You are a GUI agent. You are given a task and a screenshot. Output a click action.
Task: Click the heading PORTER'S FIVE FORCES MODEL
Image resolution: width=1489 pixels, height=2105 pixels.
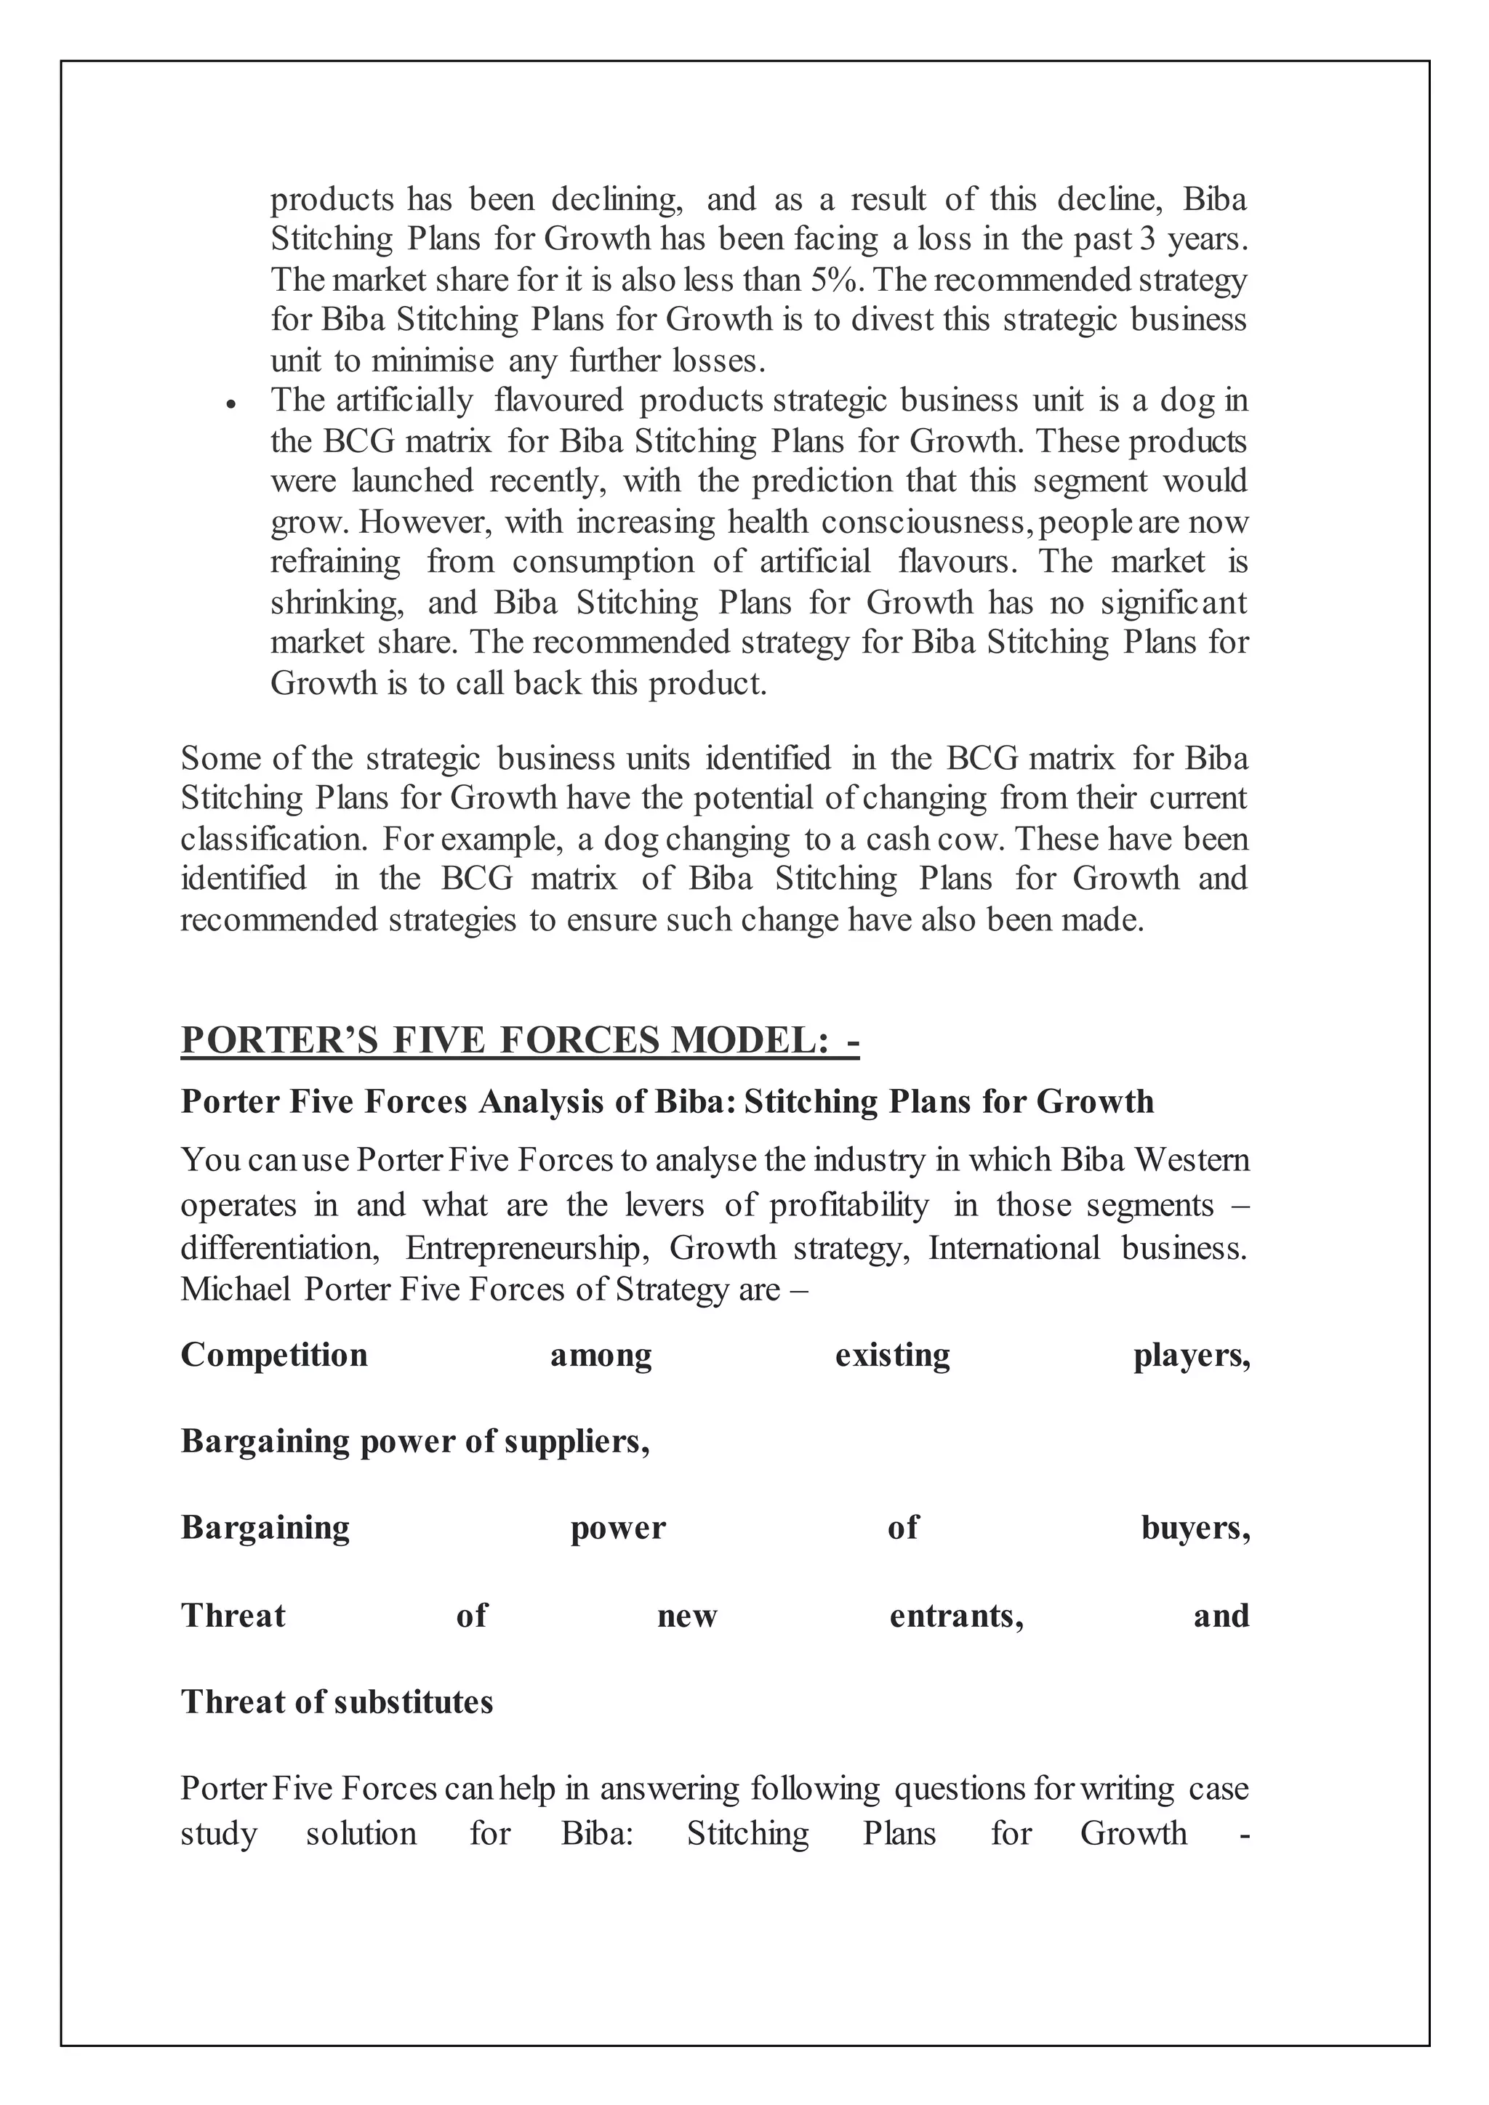(519, 1039)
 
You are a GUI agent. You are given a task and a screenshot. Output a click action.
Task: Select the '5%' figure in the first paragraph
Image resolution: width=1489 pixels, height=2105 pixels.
(832, 278)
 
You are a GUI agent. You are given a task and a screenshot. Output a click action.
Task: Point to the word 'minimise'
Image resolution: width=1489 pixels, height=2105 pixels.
(433, 361)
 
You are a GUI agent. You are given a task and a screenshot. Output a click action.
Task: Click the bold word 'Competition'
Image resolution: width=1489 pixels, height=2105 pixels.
(274, 1355)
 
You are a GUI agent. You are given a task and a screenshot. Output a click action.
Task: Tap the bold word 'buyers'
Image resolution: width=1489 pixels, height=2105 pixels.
(1195, 1527)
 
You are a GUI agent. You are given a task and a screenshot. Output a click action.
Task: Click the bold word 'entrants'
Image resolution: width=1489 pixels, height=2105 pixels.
(956, 1614)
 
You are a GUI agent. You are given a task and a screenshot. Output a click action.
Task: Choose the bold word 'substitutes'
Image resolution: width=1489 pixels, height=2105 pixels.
(414, 1702)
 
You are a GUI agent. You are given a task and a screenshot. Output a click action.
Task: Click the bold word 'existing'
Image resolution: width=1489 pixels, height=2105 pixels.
(892, 1355)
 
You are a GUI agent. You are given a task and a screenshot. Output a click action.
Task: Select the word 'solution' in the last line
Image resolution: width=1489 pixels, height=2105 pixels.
(361, 1834)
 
